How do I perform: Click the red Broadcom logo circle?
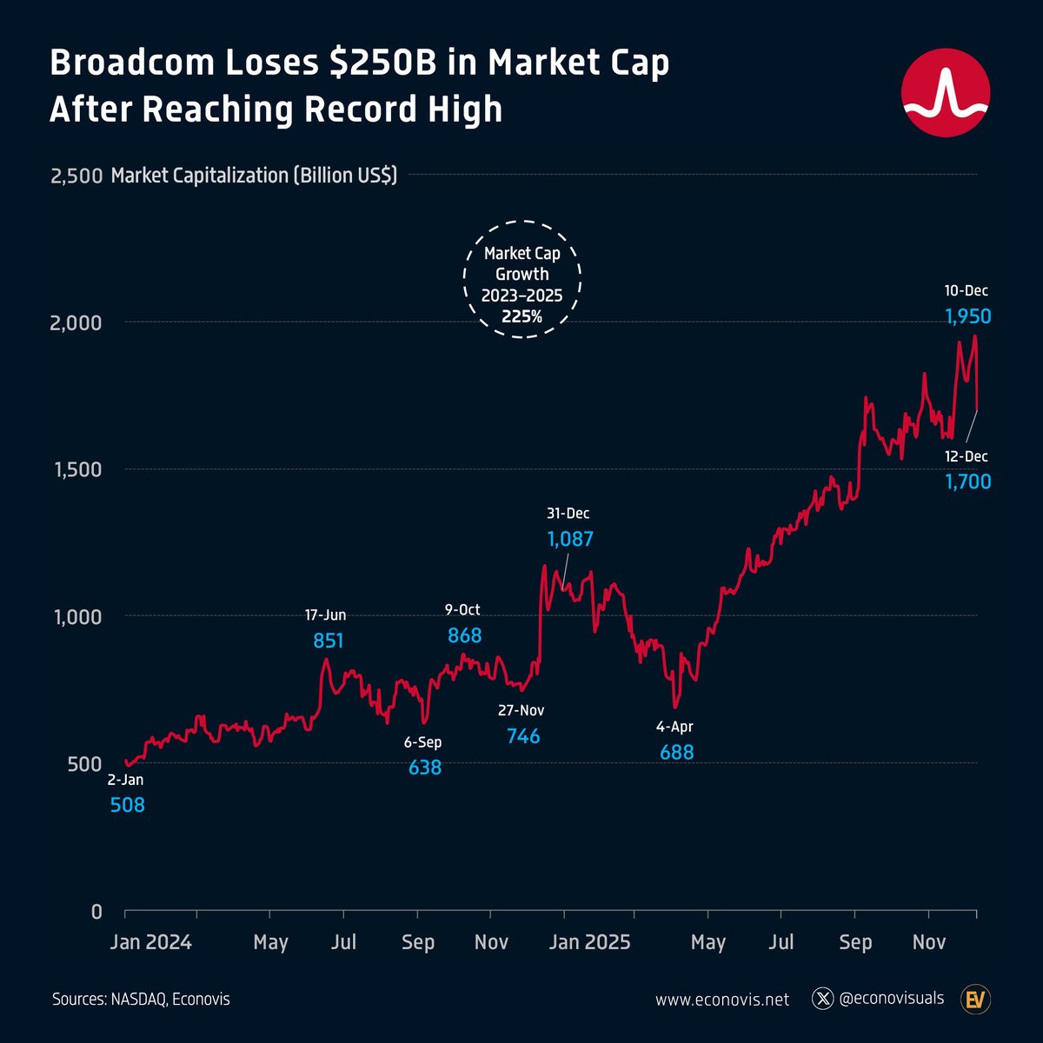(x=946, y=93)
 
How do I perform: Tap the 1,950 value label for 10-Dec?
(x=967, y=317)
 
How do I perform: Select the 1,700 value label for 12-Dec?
(x=967, y=482)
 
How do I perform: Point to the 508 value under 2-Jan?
(x=127, y=806)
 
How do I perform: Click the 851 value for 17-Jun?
(x=329, y=641)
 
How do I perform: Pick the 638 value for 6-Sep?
(x=425, y=767)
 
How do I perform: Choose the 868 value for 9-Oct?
(x=464, y=636)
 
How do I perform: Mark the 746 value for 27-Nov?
(x=522, y=737)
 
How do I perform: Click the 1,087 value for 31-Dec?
(x=569, y=540)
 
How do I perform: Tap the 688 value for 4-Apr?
(x=676, y=753)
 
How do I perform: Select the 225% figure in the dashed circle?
(x=521, y=317)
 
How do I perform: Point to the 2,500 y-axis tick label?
(x=76, y=176)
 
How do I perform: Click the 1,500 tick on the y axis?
(x=76, y=470)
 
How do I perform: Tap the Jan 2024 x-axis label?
(x=150, y=943)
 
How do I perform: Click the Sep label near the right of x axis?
(x=855, y=943)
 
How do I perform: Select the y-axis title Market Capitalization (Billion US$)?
(x=254, y=176)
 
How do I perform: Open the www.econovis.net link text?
(x=722, y=1000)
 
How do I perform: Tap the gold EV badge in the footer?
(x=976, y=1000)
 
